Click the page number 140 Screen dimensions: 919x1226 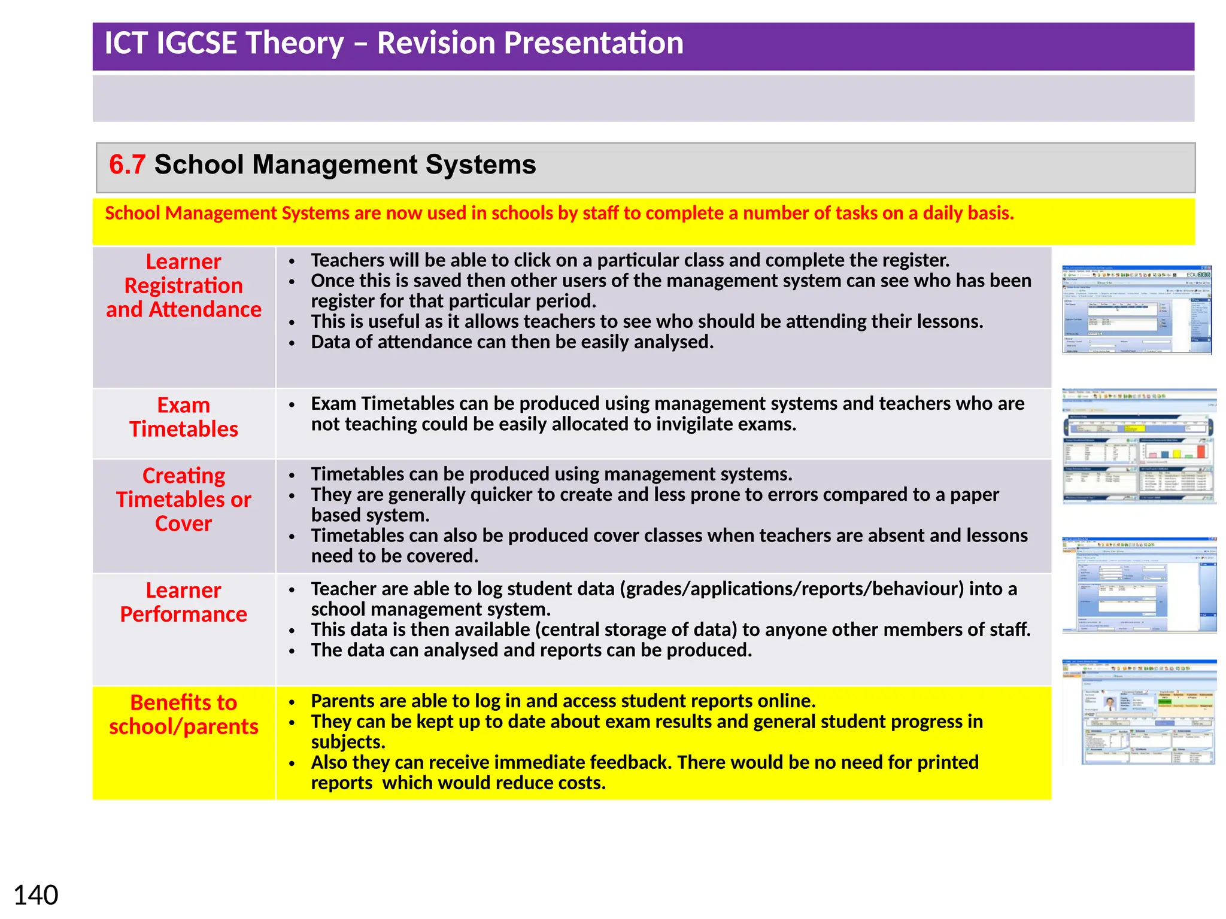pos(36,895)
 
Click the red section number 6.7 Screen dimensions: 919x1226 pos(127,165)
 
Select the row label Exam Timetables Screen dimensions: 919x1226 pos(184,417)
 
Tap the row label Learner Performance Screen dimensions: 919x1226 pos(184,602)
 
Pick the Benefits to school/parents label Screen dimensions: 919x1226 pos(184,714)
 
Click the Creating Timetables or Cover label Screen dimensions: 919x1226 pos(184,499)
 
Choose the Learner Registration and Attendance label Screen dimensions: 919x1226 pos(184,285)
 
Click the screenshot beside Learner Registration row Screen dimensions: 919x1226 pos(1136,310)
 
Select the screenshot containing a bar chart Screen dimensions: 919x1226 pos(1139,446)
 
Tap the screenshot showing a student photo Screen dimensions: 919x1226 pos(1139,712)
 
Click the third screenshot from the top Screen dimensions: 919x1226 pos(1139,585)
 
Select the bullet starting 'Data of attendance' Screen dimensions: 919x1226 pos(512,342)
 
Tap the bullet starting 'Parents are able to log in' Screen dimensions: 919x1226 pos(563,701)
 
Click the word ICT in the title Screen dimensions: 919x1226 pos(126,43)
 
